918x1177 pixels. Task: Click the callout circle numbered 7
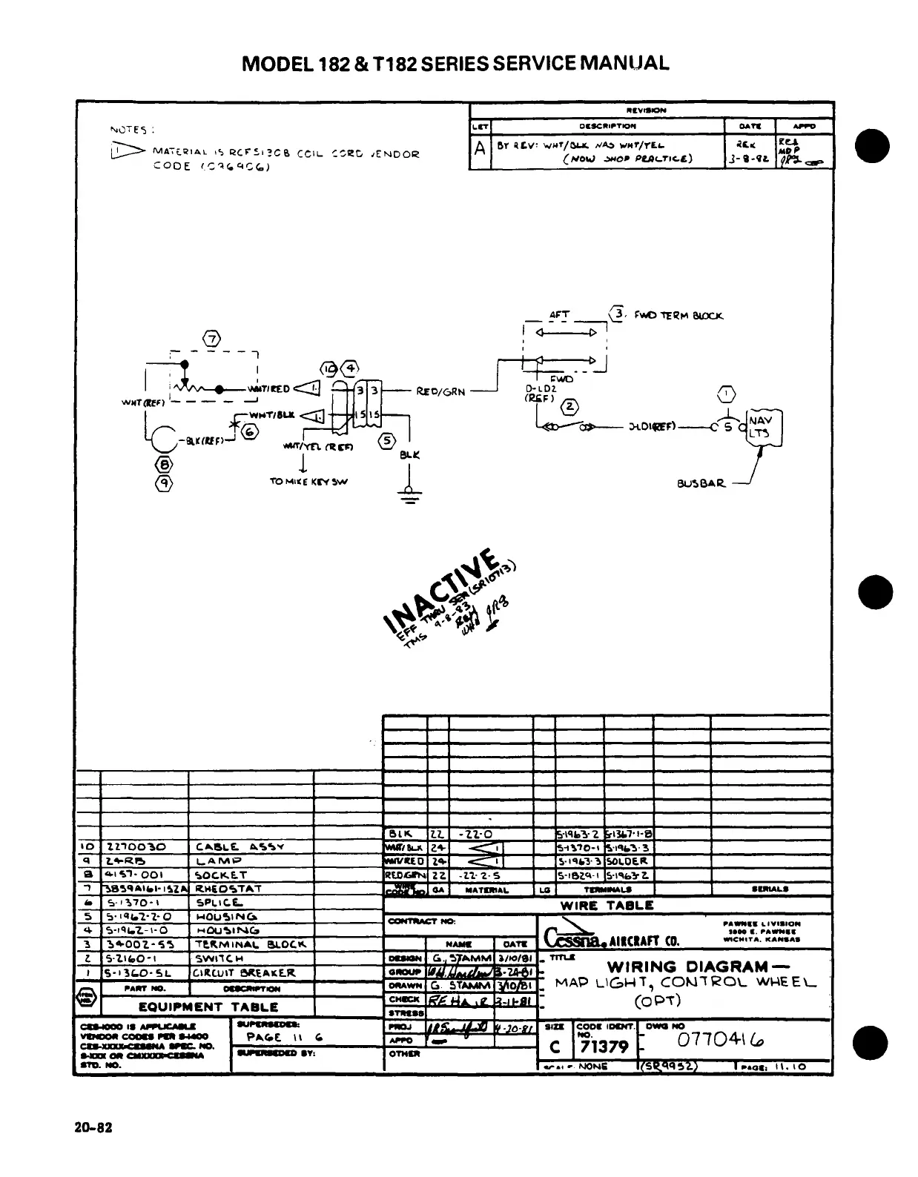212,340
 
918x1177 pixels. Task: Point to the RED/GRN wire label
441,391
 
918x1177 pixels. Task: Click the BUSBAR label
701,484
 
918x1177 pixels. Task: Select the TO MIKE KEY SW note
308,482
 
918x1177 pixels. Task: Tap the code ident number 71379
604,1047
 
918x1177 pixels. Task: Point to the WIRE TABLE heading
607,905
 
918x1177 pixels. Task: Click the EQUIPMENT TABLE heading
208,1007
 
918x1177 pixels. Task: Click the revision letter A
481,149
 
